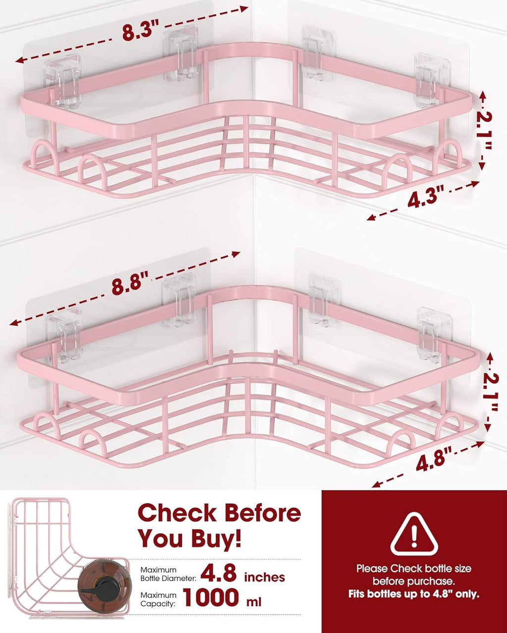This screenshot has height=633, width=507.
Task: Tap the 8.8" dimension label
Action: click(130, 284)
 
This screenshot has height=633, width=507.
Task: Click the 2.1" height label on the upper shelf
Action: click(484, 132)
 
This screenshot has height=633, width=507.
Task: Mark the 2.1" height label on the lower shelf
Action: click(490, 393)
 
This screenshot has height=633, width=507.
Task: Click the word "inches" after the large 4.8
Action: click(264, 577)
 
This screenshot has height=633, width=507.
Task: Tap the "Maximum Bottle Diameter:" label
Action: click(168, 574)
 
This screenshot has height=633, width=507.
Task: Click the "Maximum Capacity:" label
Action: click(158, 599)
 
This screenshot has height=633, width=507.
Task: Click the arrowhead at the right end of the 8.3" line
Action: click(244, 9)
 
